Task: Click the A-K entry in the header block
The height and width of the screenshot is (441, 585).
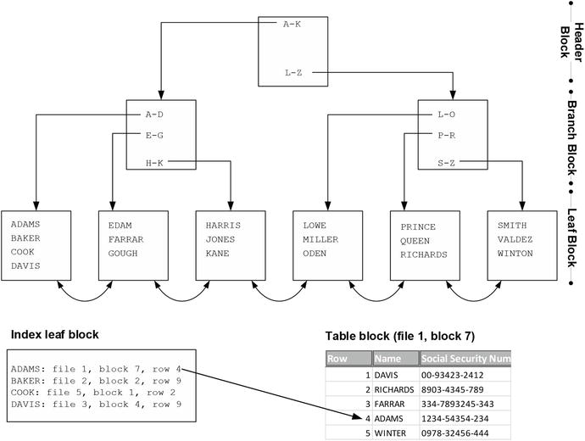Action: tap(292, 24)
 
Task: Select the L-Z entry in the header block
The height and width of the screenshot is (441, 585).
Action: tap(293, 73)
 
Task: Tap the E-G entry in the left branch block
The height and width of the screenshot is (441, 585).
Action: tap(154, 135)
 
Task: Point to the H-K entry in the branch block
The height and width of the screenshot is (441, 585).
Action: tap(154, 162)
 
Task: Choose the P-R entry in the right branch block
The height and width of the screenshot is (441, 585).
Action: tap(447, 135)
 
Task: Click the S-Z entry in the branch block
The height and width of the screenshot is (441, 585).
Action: tap(447, 162)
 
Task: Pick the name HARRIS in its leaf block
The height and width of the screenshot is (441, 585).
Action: tap(223, 226)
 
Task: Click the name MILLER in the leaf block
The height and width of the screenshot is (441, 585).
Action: tap(320, 239)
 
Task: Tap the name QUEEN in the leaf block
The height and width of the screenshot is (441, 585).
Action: tap(415, 240)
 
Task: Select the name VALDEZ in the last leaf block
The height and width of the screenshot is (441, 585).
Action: tap(515, 239)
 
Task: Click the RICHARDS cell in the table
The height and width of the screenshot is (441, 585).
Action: tap(394, 389)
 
